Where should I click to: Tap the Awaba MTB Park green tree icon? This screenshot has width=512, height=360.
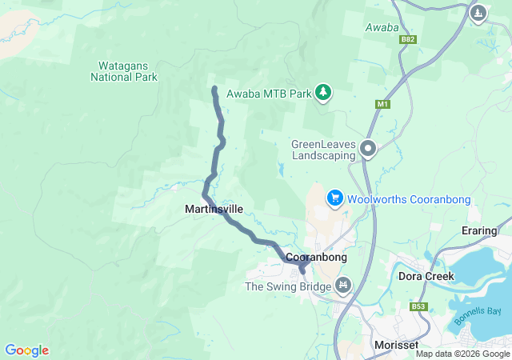[x=323, y=94]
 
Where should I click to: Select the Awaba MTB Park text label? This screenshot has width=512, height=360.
[x=269, y=94]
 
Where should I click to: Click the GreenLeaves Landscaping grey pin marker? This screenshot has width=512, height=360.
[x=368, y=148]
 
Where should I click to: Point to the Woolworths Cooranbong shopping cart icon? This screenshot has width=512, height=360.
[x=335, y=198]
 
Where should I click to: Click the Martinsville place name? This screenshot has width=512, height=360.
[x=214, y=209]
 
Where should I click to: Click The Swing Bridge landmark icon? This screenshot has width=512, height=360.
[x=344, y=285]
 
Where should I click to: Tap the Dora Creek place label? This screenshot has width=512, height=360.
[x=426, y=276]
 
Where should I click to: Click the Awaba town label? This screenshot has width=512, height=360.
[x=382, y=27]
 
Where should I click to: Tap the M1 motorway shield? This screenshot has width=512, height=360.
[x=382, y=105]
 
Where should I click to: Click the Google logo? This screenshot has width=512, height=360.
[x=26, y=350]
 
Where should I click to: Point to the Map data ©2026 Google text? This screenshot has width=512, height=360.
[x=462, y=354]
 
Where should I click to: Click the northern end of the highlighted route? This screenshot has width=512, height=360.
[x=214, y=88]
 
